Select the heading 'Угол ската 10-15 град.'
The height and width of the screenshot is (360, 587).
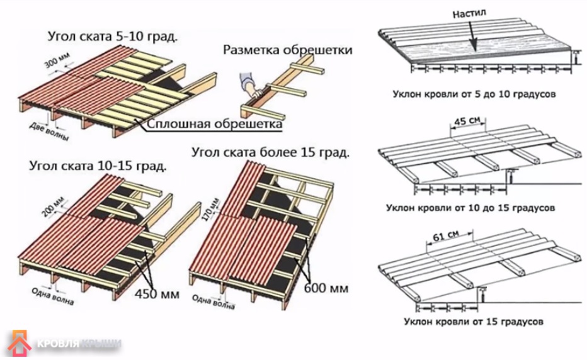pos(98,167)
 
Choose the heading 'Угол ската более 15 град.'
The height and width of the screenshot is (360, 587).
pos(271,152)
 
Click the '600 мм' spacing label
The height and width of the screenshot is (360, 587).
pos(326,289)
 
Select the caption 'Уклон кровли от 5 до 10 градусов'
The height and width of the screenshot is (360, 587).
pos(475,94)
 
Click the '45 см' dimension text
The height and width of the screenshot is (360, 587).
pos(470,121)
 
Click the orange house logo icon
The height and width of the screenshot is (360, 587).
pos(20,343)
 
